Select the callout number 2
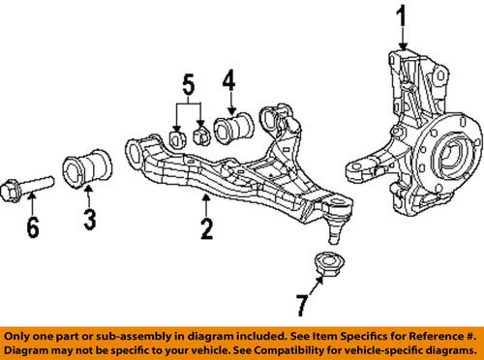(x=206, y=229)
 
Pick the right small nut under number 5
(x=201, y=132)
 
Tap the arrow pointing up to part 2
(x=206, y=204)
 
